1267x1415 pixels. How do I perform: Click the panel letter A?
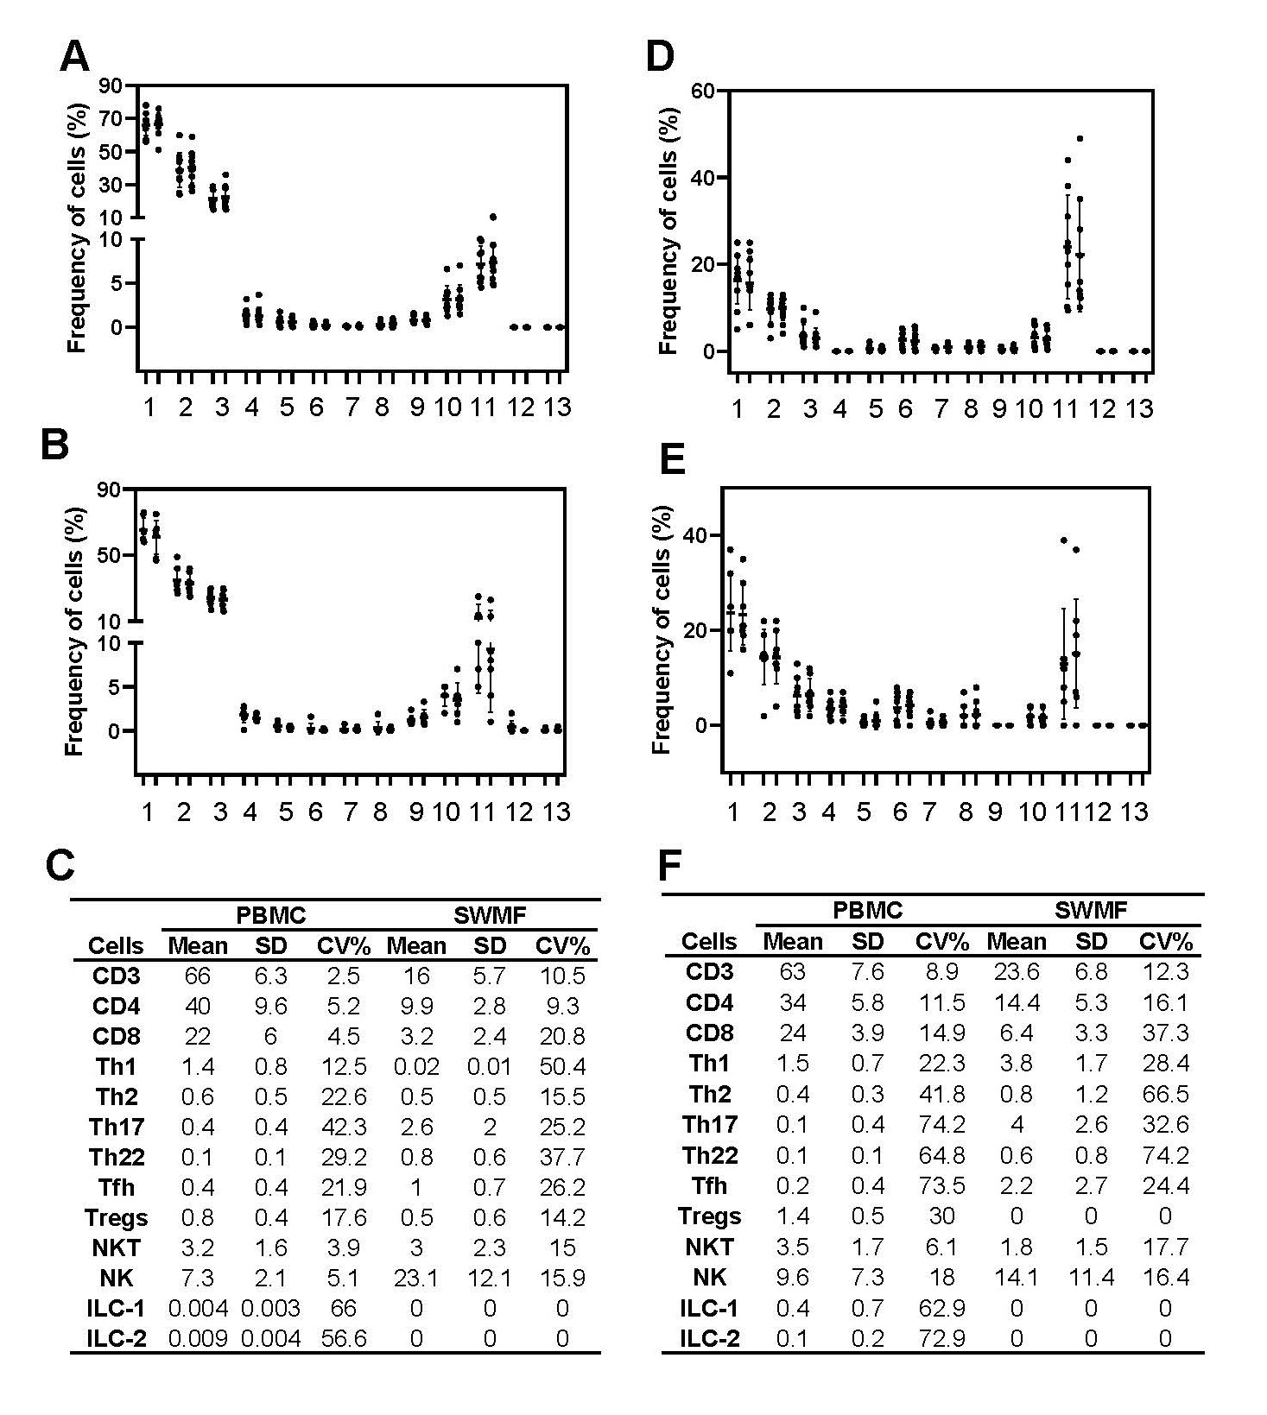coord(74,57)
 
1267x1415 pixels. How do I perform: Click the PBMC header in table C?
coord(270,914)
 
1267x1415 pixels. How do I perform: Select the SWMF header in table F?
coord(1091,909)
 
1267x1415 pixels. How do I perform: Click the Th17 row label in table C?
coord(117,1127)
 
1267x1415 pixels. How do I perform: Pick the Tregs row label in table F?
coord(709,1216)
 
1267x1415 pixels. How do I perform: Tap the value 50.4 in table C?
coord(561,1066)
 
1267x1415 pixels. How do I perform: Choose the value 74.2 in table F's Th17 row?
coord(941,1124)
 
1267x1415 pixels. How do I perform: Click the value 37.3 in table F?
coord(1165,1033)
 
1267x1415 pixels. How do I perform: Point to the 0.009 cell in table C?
coord(197,1338)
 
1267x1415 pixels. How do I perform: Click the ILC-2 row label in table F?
coord(710,1338)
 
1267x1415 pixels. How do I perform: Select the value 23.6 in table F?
coord(1016,971)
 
